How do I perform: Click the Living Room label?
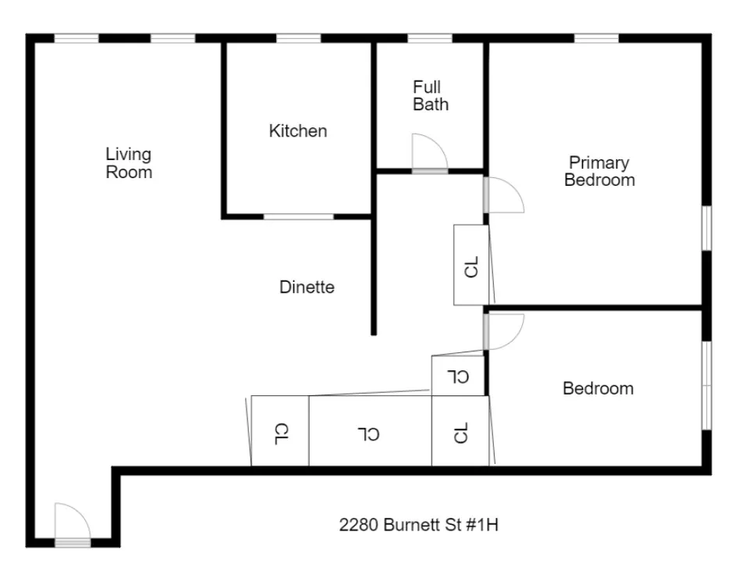coord(129,163)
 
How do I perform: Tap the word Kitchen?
coord(298,131)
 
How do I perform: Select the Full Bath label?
coord(431,95)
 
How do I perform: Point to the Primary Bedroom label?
coord(599,172)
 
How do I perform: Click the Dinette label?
coord(307,287)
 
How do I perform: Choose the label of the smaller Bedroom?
coord(598,388)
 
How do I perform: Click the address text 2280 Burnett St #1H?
coord(418,525)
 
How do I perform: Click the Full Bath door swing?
coord(429,153)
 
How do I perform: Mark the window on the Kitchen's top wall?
coord(299,38)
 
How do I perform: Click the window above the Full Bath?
coord(430,38)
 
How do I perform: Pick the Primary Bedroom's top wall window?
coord(596,38)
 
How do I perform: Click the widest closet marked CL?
coord(371,431)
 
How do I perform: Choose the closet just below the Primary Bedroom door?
coord(471,266)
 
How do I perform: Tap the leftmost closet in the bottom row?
coord(280,431)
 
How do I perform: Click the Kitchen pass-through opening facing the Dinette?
coord(298,216)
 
